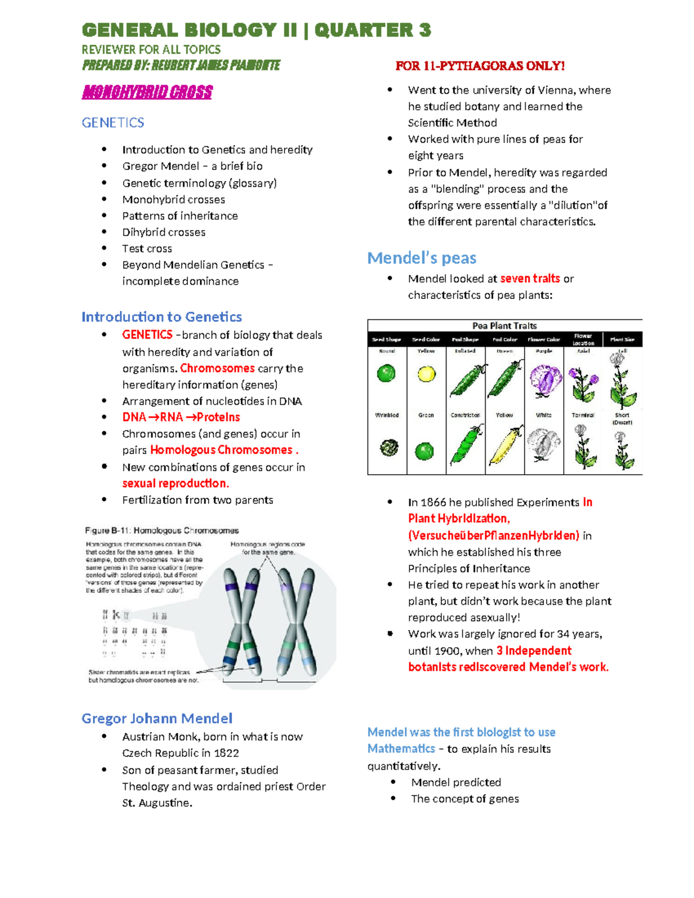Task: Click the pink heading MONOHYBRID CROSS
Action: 147,92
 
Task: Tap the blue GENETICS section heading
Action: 113,123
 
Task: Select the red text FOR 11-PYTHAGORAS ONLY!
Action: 479,66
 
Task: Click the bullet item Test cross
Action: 147,249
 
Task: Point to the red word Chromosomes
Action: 217,368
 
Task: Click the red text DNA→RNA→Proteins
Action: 181,417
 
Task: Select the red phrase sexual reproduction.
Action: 175,483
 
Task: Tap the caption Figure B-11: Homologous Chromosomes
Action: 162,530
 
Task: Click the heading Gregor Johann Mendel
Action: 157,718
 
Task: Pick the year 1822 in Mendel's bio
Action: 226,753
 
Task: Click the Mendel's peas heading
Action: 422,258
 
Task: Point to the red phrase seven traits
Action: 530,279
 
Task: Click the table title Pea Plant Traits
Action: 504,326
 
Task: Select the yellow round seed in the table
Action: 426,374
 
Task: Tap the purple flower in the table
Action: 544,379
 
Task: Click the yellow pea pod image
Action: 505,446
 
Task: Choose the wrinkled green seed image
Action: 388,448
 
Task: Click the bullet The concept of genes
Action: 464,799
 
